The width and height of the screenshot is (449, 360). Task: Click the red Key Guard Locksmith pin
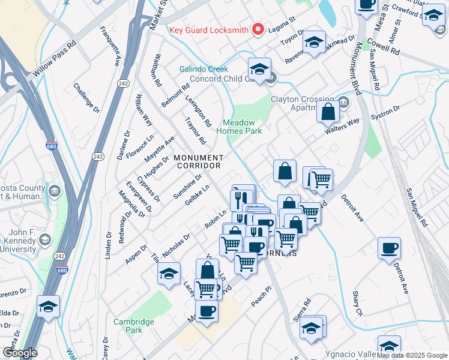pyautogui.click(x=259, y=29)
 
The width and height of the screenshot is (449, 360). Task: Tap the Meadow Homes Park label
pyautogui.click(x=239, y=127)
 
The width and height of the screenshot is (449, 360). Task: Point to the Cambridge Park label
pyautogui.click(x=134, y=326)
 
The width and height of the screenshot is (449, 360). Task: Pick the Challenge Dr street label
pyautogui.click(x=86, y=98)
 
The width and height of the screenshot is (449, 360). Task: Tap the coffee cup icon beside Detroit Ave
pyautogui.click(x=389, y=248)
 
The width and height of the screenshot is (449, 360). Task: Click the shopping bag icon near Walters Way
pyautogui.click(x=328, y=112)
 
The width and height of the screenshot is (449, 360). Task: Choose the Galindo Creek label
pyautogui.click(x=204, y=69)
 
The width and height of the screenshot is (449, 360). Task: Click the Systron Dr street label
pyautogui.click(x=385, y=112)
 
